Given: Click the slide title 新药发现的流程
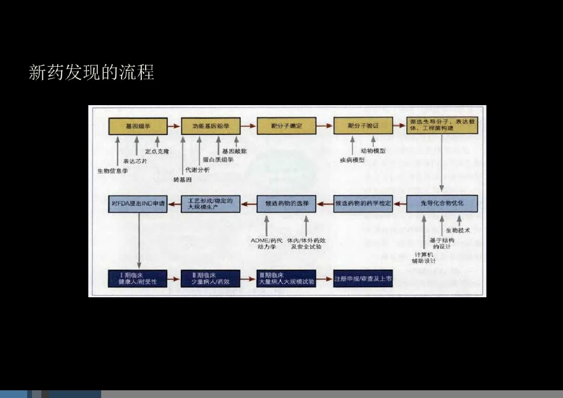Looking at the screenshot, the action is click(x=91, y=72).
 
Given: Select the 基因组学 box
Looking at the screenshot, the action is click(x=137, y=126).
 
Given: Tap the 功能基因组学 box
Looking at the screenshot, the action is click(x=211, y=126).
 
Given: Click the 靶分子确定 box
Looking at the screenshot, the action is click(x=286, y=126).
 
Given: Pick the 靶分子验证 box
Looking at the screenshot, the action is click(x=363, y=126).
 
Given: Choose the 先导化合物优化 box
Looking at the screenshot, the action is click(x=442, y=203).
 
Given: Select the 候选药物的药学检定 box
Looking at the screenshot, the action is click(x=363, y=204).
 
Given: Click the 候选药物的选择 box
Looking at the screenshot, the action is click(x=286, y=204).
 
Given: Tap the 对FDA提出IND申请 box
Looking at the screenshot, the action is click(x=137, y=204).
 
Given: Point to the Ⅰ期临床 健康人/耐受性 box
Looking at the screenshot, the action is click(x=137, y=278).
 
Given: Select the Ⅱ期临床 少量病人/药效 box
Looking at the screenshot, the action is click(x=211, y=278).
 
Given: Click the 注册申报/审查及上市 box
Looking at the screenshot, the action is click(x=363, y=279).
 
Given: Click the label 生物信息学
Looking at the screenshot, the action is click(x=113, y=171).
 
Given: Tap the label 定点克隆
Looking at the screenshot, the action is click(x=157, y=151).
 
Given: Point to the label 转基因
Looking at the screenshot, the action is click(x=182, y=180).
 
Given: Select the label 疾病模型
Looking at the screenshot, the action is click(x=352, y=160).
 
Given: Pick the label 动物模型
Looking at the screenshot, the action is click(x=373, y=151).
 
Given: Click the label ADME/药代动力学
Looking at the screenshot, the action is click(x=267, y=243).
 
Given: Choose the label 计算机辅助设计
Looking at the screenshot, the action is click(x=424, y=258).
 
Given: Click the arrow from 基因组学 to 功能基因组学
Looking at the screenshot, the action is click(x=173, y=126).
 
